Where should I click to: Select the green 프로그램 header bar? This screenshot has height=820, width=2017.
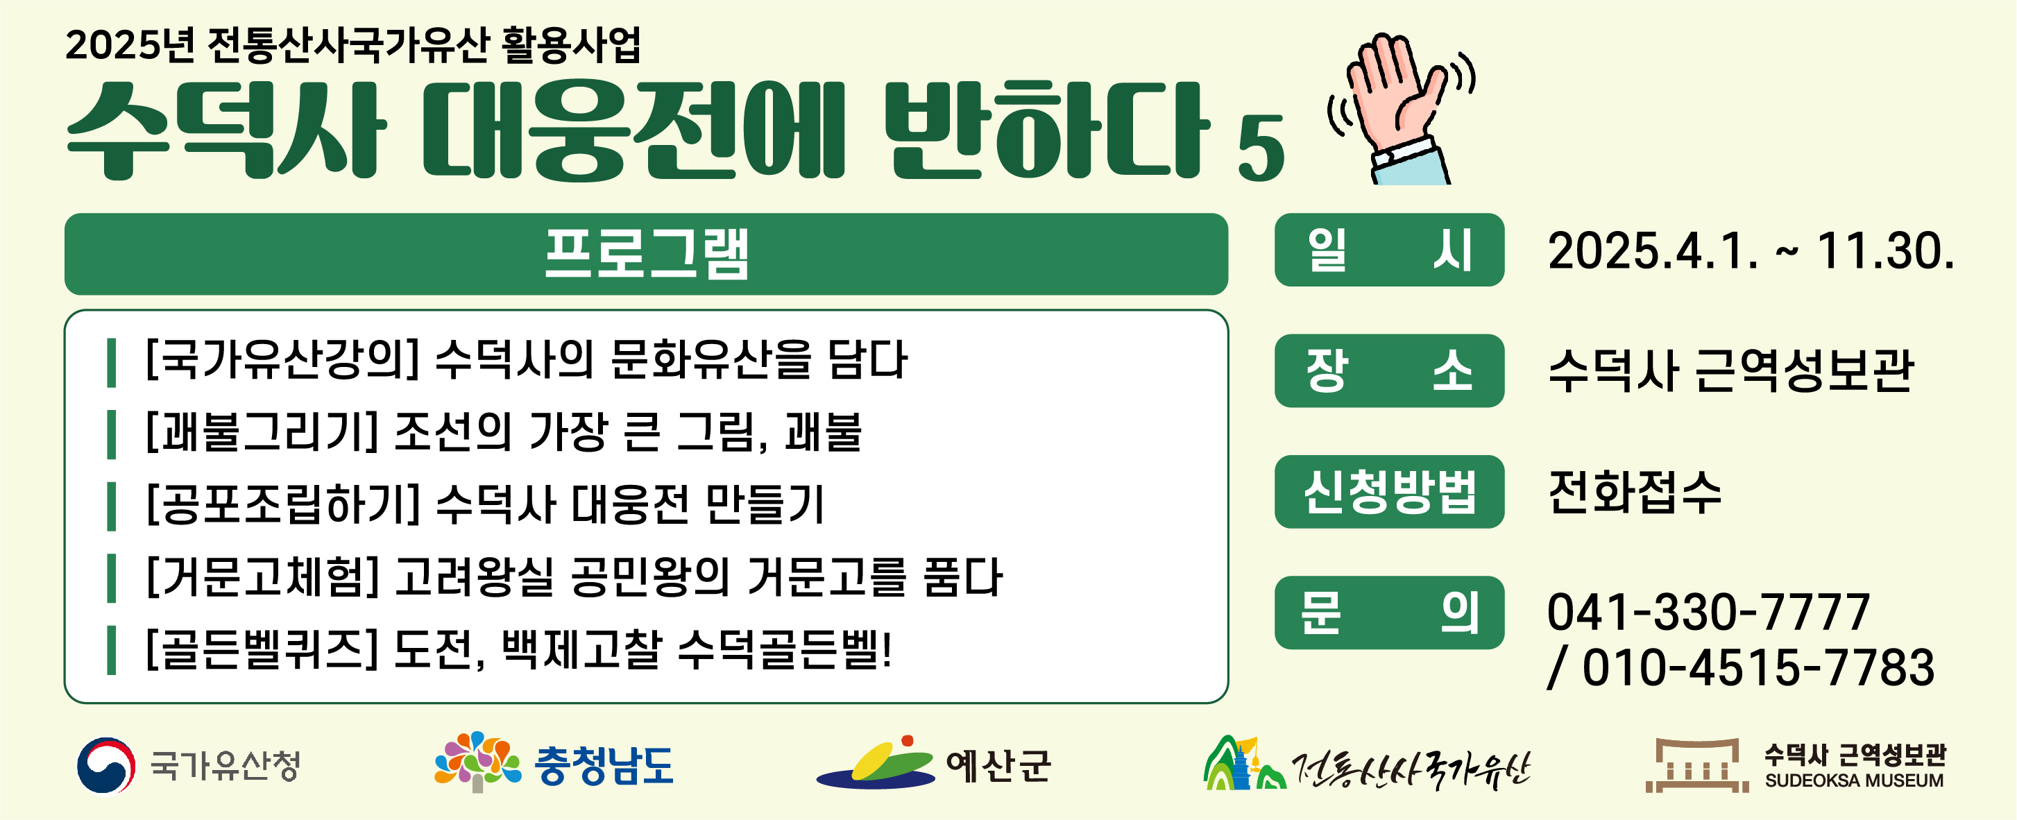[646, 254]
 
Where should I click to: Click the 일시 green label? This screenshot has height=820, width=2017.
[1389, 250]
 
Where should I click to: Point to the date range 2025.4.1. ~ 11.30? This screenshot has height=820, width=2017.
[1751, 251]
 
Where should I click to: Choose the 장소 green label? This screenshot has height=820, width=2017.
[1389, 370]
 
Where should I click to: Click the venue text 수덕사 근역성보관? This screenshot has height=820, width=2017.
[1731, 370]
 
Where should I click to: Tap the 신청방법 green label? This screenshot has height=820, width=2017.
[1389, 492]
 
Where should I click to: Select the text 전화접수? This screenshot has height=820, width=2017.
[1635, 492]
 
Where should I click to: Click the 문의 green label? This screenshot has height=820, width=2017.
[1389, 613]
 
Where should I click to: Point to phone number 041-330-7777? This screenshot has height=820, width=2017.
[1708, 612]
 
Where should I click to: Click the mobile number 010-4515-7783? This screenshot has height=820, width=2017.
[1759, 668]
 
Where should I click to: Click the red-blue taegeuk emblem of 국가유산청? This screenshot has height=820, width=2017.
[105, 765]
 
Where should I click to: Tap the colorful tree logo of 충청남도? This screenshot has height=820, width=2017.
[477, 761]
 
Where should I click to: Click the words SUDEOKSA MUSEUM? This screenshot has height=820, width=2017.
[1854, 781]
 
